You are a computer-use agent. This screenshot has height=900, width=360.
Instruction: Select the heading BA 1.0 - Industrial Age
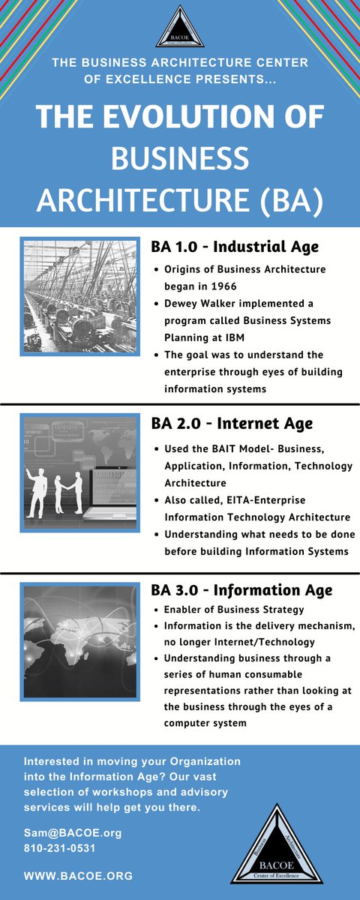(235, 247)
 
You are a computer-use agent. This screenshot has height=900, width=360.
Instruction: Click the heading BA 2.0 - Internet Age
(232, 424)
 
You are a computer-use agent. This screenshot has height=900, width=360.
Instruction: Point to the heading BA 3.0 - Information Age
(241, 590)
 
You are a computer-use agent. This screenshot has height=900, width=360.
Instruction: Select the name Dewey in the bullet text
(182, 303)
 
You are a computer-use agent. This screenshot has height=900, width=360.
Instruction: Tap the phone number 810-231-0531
(59, 848)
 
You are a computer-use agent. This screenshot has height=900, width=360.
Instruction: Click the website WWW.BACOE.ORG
(78, 875)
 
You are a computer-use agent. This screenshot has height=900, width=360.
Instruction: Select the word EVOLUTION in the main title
(187, 118)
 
